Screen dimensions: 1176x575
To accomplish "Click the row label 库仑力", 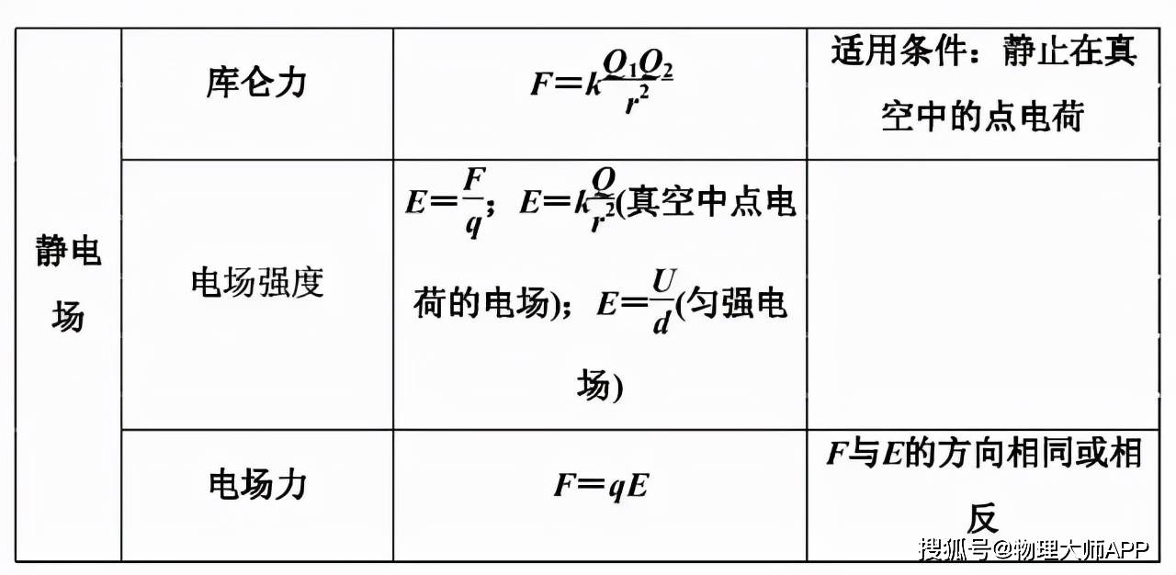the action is [x=256, y=83].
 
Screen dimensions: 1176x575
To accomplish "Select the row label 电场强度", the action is [x=256, y=282].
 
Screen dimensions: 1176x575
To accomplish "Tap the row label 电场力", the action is [x=257, y=484].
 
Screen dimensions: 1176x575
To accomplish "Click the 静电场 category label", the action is [x=68, y=283].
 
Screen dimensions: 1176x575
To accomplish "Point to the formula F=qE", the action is [x=602, y=485].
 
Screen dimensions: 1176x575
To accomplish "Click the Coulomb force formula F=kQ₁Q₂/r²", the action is [x=602, y=82].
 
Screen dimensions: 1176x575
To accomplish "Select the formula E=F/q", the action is [x=449, y=202].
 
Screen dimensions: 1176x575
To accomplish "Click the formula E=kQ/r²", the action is [x=568, y=201].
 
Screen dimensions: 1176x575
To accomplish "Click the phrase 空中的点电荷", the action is [x=983, y=117].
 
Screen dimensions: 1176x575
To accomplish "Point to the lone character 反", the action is [x=983, y=518].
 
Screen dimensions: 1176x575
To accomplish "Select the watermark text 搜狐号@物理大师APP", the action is [x=1034, y=548].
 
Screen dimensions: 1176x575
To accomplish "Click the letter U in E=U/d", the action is [x=663, y=281].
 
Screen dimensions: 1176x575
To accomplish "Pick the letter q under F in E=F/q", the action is [x=473, y=224].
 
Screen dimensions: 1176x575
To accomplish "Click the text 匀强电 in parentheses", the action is [x=737, y=303].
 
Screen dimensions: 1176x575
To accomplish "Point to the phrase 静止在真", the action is [x=1070, y=51].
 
